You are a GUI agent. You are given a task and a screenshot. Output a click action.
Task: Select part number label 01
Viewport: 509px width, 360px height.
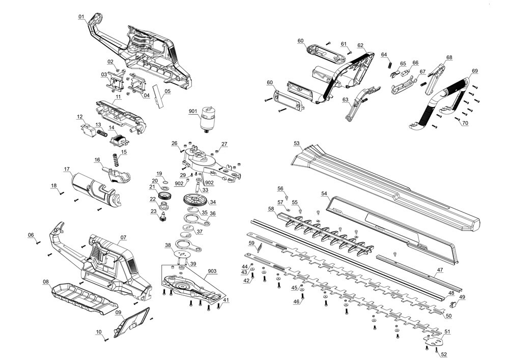[x=81, y=17]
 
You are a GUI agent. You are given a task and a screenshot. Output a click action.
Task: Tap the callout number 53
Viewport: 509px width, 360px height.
[x=297, y=144]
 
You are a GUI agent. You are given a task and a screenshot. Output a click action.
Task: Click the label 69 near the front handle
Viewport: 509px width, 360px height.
[x=474, y=71]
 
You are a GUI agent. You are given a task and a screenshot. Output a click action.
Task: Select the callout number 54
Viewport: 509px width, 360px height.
[x=325, y=193]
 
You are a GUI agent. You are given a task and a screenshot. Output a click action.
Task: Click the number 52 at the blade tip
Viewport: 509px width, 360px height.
[x=443, y=354]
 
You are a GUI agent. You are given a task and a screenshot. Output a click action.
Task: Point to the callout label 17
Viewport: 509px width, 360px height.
[x=66, y=169]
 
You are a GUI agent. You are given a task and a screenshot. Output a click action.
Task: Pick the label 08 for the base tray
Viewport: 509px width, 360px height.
[x=46, y=282]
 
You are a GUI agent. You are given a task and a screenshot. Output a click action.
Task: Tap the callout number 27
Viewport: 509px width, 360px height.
[x=224, y=144]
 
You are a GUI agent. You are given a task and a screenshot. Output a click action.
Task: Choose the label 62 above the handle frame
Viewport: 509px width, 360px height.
[x=360, y=45]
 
